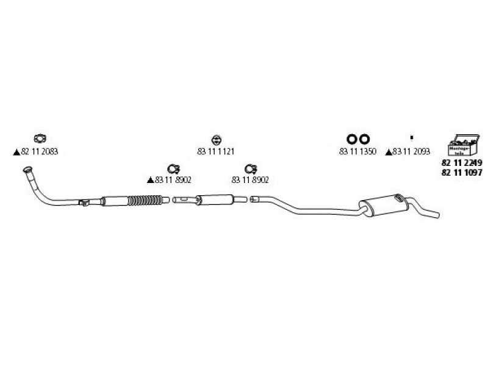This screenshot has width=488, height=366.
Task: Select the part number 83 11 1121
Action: click(216, 151)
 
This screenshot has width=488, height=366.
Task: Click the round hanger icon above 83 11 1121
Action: click(216, 139)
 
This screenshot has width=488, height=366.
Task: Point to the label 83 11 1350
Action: click(357, 151)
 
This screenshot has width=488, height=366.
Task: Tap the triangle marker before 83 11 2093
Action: click(389, 152)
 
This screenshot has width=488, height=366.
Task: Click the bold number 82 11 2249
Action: click(461, 163)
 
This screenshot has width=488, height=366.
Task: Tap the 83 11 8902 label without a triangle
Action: click(251, 180)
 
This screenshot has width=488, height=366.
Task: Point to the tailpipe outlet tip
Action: click(434, 214)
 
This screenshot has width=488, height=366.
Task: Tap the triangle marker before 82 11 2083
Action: click(16, 152)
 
